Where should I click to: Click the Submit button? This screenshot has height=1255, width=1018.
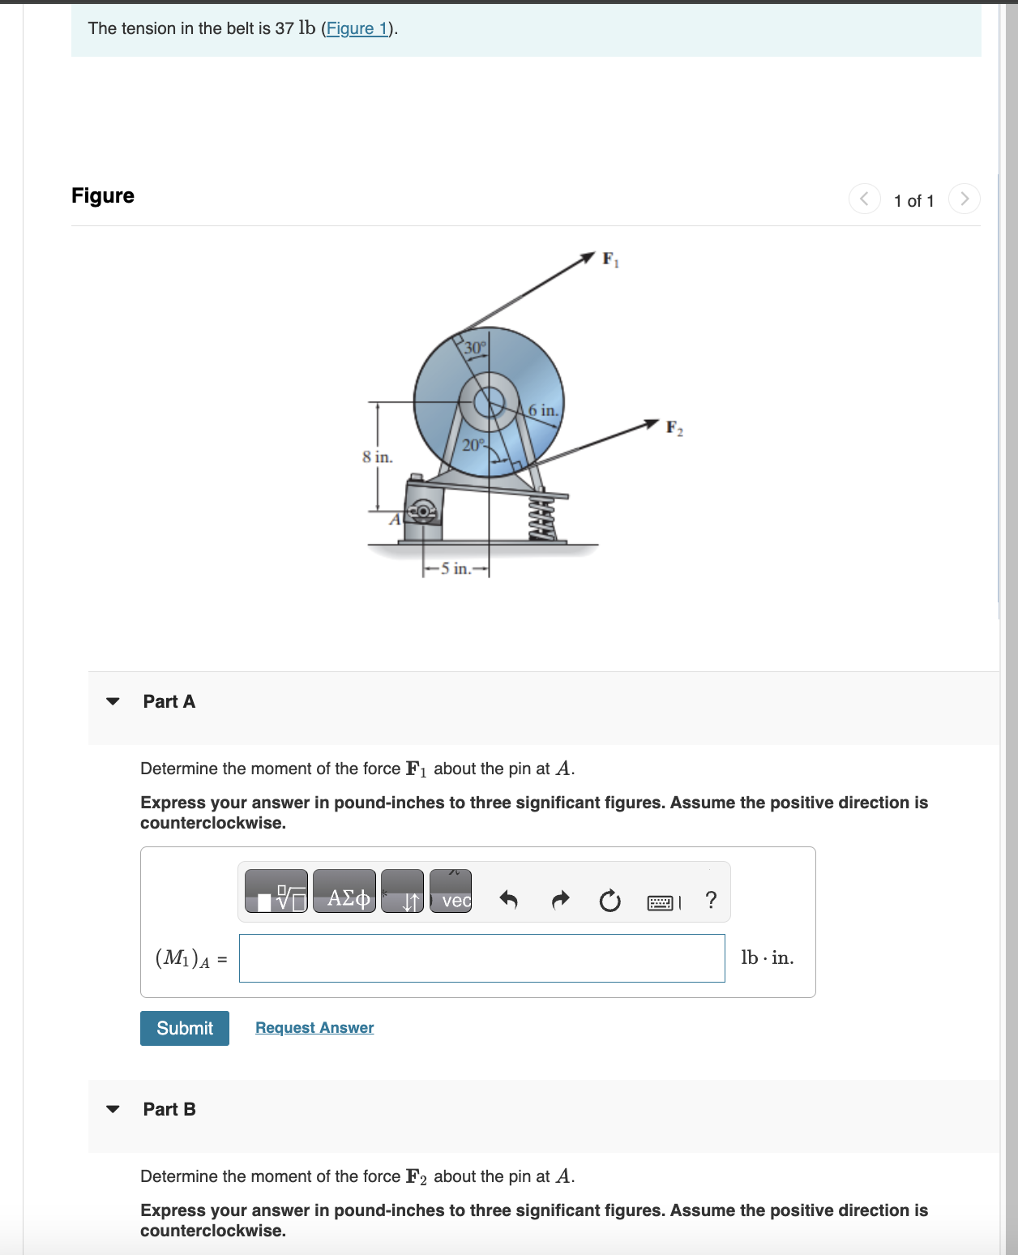[x=185, y=1028]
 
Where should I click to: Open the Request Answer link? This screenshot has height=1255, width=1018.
[x=314, y=1028]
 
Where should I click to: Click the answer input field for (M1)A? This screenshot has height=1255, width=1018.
[x=481, y=958]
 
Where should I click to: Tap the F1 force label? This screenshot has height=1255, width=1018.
[x=610, y=259]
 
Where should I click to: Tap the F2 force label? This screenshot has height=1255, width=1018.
[x=674, y=427]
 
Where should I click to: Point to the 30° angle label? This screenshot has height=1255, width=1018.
[x=475, y=348]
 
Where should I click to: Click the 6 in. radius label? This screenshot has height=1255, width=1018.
[x=543, y=410]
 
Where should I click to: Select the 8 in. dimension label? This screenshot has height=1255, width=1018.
[x=377, y=457]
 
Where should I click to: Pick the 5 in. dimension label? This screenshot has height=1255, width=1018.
[x=456, y=568]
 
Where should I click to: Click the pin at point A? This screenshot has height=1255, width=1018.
[x=422, y=512]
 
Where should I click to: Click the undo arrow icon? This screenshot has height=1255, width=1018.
[x=508, y=900]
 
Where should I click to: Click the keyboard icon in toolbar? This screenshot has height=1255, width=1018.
[x=661, y=902]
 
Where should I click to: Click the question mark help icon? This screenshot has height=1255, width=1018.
[x=711, y=900]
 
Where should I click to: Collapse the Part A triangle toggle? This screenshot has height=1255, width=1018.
[x=113, y=701]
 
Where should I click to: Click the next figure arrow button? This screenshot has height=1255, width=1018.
[x=964, y=199]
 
